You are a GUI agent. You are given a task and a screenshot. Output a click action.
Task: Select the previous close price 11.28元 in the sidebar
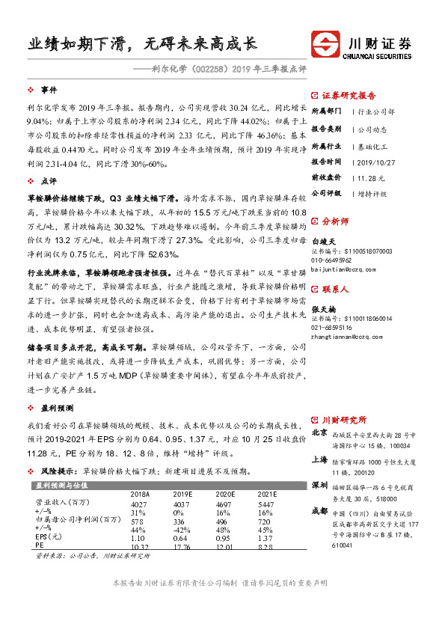pos(371,177)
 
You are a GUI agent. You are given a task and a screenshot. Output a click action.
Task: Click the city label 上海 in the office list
pos(320,462)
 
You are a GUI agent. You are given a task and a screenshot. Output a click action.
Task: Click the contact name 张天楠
pos(325,287)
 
